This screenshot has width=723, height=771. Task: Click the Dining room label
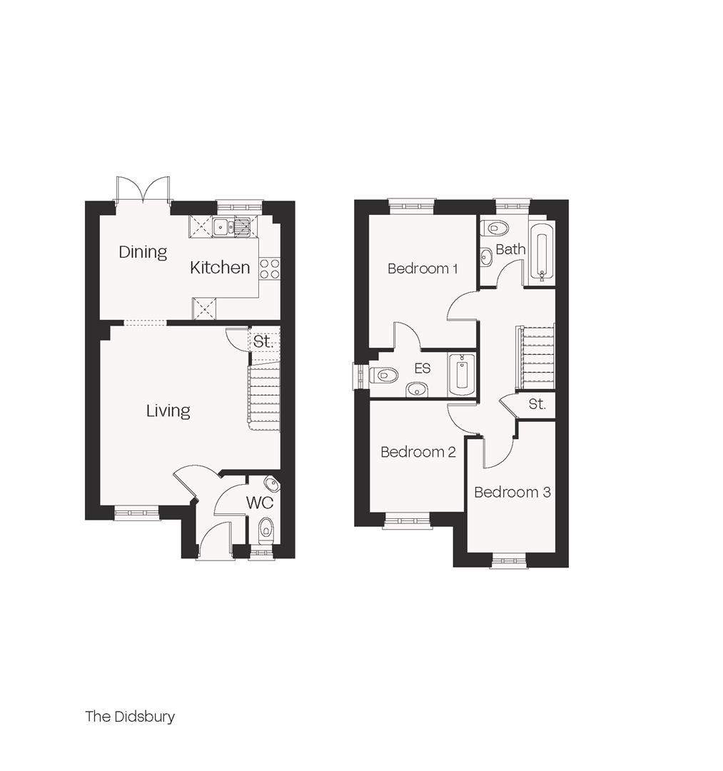coord(143,252)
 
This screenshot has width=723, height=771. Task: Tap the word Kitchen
coord(220,268)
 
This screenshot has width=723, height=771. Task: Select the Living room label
coord(168,411)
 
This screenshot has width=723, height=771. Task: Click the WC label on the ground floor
coord(260,502)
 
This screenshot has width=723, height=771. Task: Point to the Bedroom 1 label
coord(423,268)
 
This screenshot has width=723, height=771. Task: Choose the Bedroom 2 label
coord(418,452)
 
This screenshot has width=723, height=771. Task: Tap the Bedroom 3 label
coord(512,492)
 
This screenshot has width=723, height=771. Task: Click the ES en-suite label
coord(423,369)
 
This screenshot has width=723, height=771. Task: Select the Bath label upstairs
coord(510,249)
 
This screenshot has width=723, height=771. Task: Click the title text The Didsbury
coord(130,716)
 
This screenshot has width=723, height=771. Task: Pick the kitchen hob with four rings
coord(270,268)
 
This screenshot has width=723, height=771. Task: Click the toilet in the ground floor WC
coord(266,530)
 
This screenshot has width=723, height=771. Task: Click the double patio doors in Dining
coord(143,190)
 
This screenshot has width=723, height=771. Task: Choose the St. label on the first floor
coord(537,405)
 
